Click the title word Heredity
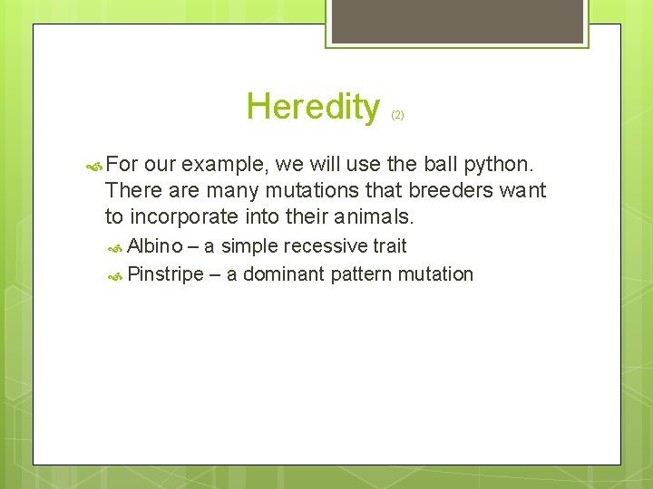pos(313,107)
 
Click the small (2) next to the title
pos(397,115)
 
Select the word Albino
pos(154,245)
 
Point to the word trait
pos(390,245)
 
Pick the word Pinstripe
pos(166,273)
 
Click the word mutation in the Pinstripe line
pos(436,273)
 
